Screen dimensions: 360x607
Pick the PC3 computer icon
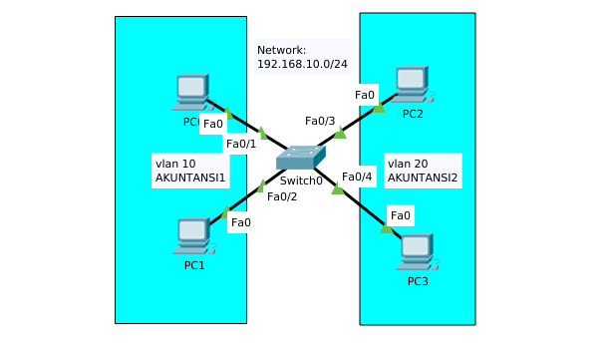416,251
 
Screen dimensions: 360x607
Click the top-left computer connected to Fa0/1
191,92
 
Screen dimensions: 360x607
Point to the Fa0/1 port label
241,144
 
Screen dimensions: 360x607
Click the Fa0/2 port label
282,196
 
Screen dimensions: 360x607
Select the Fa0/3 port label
320,121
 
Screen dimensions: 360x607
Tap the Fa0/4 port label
357,177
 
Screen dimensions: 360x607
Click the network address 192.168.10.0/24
300,63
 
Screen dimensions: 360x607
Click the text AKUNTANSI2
423,179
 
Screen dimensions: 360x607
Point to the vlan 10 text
175,163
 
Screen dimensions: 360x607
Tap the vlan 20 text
408,163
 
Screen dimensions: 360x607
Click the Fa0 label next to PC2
365,96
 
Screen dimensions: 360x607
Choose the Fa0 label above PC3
400,215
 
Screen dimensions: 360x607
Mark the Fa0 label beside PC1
240,222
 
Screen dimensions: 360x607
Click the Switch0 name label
301,180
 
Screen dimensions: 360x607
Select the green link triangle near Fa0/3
340,132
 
